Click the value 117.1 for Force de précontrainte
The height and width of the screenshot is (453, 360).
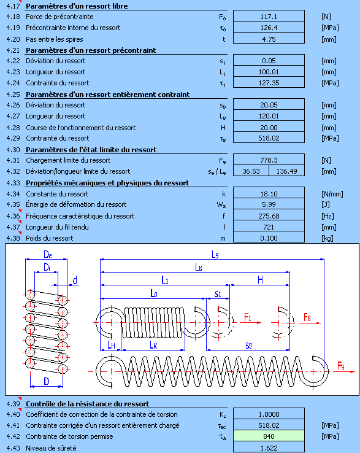coord(269,17)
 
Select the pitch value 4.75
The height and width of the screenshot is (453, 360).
coord(269,39)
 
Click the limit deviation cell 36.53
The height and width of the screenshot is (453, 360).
coord(251,171)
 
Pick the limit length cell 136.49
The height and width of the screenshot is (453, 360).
coord(286,171)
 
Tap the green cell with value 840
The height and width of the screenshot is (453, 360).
coord(269,436)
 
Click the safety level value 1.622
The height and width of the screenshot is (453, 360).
coord(269,448)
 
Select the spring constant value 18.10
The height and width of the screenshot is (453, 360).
coord(269,194)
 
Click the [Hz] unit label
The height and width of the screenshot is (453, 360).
coord(327,216)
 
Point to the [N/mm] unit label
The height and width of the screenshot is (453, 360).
coord(332,194)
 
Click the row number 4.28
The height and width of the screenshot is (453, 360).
coord(13,128)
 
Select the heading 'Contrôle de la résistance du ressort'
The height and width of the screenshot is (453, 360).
coord(88,404)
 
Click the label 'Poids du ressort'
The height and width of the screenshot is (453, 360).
coord(49,238)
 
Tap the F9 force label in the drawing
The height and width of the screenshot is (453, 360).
coord(341,366)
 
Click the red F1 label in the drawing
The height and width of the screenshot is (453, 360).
coord(248,317)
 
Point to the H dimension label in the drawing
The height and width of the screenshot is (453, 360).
coord(260,280)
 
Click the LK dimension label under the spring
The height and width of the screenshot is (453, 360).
coord(153,345)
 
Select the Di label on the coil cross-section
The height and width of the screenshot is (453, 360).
coord(47,268)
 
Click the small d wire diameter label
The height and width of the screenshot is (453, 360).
coord(75,281)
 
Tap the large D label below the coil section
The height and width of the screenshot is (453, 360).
coord(47,382)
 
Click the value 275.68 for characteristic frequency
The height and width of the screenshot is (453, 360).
coord(269,216)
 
